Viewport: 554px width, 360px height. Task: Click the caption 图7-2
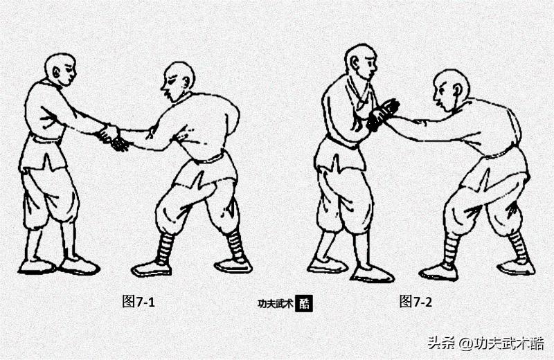click(415, 301)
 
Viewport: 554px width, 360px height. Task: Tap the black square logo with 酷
click(304, 303)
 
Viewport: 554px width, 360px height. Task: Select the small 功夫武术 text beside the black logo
click(275, 303)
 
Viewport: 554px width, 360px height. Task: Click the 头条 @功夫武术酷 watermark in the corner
click(485, 343)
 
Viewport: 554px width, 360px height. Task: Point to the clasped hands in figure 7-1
click(112, 137)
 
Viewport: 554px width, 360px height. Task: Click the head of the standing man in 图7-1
click(60, 69)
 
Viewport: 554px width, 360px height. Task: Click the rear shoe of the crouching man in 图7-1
click(233, 264)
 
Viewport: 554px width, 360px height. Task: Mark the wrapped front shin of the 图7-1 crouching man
click(165, 247)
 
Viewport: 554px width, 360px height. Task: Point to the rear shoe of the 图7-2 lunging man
click(516, 267)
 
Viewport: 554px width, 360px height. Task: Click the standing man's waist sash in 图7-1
click(46, 138)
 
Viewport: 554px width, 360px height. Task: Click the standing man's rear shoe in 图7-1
click(36, 266)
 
